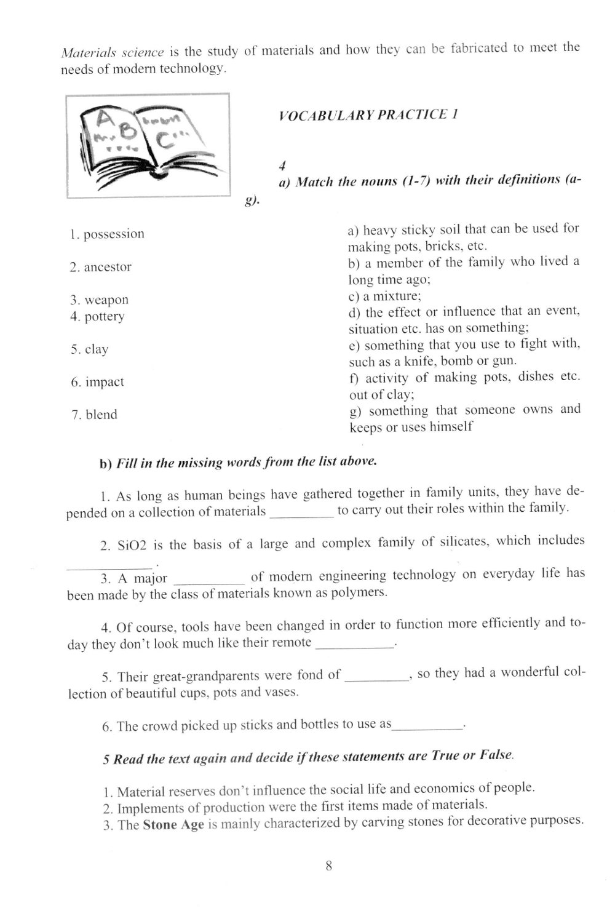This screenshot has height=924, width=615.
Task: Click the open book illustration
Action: coord(148,145)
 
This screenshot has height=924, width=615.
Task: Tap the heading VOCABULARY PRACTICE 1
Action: coord(368,114)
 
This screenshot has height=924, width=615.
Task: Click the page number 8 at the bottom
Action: coord(328,866)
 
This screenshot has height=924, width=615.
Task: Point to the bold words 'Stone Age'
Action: coord(173,825)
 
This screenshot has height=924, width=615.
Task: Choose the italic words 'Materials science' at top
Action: coord(113,52)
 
